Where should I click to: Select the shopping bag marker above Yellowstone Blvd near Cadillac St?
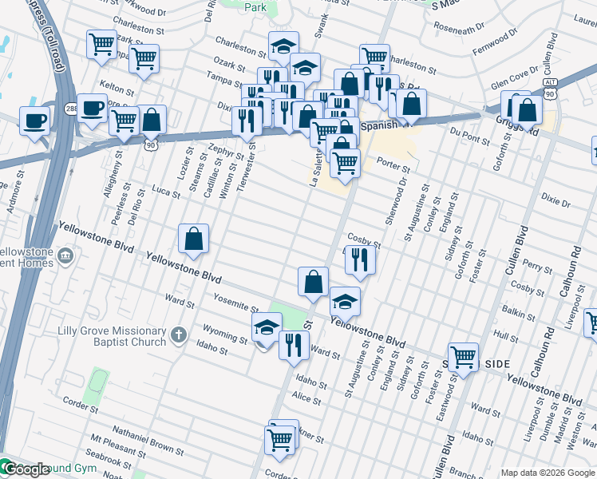pos(193,239)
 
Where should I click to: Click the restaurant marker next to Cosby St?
pos(360,259)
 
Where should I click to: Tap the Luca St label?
pos(166,192)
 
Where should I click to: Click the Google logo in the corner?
pos(26,469)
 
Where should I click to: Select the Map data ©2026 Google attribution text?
pos(548,473)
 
